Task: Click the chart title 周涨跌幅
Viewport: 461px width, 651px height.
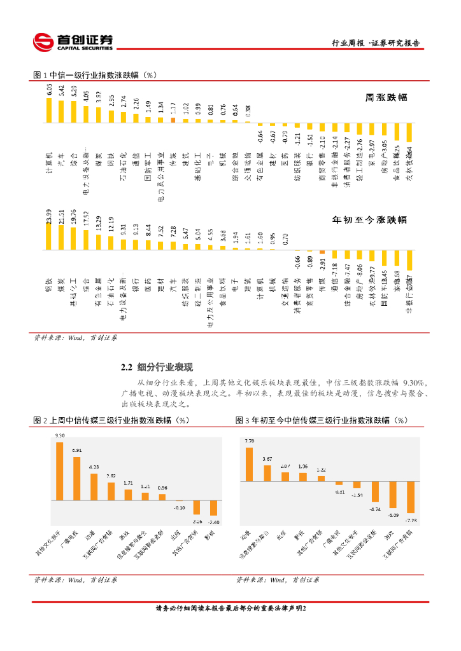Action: tap(386, 99)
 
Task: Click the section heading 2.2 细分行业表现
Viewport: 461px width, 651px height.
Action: tap(157, 367)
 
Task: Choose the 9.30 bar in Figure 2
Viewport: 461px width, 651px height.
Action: tap(60, 471)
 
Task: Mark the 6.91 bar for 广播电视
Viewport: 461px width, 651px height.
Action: tap(77, 478)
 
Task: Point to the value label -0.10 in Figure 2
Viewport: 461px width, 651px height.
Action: tap(180, 507)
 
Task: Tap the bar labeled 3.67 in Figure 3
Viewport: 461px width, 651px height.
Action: tap(267, 472)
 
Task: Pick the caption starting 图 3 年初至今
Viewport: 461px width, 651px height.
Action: tap(321, 420)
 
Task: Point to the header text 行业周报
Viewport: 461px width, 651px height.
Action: tap(348, 44)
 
